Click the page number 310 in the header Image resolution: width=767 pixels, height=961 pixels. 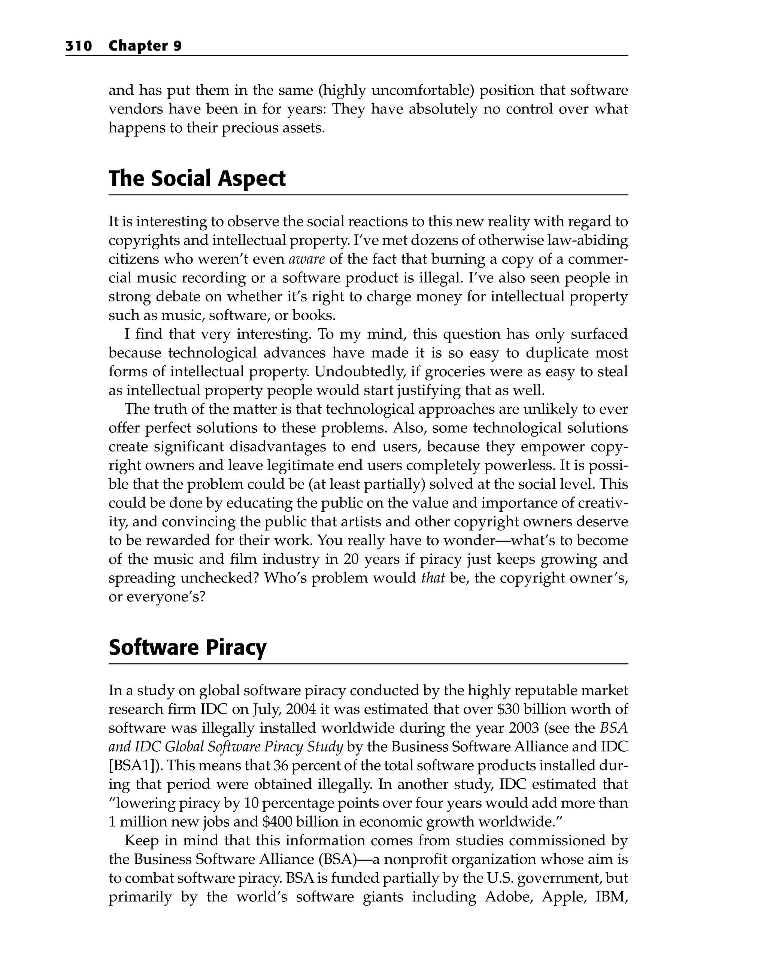(x=79, y=46)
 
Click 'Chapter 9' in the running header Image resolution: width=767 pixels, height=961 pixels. (x=145, y=46)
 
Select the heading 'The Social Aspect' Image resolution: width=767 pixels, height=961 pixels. (x=197, y=178)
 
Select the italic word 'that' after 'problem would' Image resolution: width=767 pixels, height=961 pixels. (x=433, y=578)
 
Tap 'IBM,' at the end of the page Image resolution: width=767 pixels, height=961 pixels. (x=611, y=897)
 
